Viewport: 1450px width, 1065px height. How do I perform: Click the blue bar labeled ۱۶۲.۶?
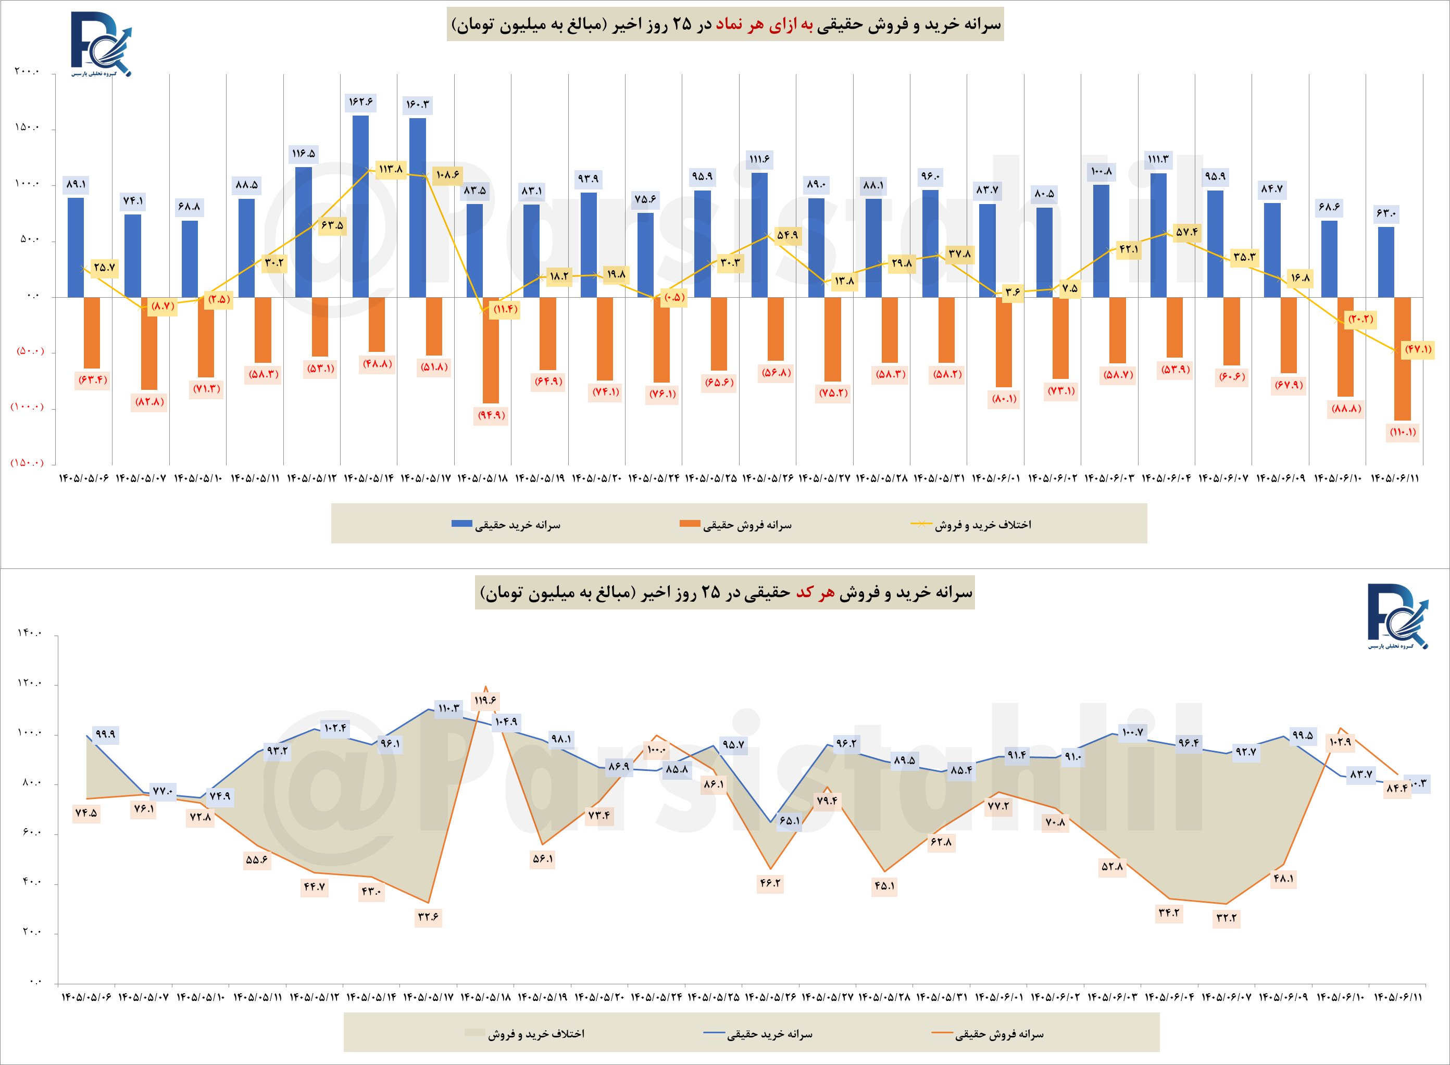tap(360, 206)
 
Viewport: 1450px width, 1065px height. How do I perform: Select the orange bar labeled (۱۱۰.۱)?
tap(1402, 359)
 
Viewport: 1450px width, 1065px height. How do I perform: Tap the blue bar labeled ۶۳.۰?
tap(1385, 262)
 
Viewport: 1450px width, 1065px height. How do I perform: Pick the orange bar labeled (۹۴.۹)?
tap(491, 350)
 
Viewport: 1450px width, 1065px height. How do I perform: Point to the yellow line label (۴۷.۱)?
tap(1418, 349)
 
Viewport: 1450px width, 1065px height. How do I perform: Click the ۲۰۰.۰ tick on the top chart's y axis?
tap(28, 71)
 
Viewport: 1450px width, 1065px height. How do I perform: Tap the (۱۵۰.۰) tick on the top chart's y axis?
tap(27, 463)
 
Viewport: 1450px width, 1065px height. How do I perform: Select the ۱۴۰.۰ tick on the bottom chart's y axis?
tap(30, 633)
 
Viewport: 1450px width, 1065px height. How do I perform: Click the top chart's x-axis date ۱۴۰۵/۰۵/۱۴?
tap(369, 478)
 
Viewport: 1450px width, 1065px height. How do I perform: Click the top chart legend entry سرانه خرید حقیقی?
tap(506, 525)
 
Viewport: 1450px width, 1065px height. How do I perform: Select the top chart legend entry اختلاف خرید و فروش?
tap(971, 525)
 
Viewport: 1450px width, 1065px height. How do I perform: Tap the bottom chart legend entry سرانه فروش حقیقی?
tap(988, 1035)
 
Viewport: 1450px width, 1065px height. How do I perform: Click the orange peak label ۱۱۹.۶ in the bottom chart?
tap(485, 701)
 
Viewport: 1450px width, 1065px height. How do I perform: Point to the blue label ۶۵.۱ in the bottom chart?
tap(790, 821)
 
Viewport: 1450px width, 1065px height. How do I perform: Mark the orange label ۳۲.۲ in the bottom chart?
tap(1226, 918)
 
